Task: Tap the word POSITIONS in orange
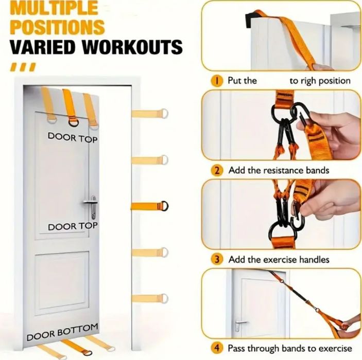(x=57, y=27)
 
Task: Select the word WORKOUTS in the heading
(x=132, y=47)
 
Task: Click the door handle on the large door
(x=92, y=206)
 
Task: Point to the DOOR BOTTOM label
(x=62, y=332)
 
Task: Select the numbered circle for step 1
(x=217, y=81)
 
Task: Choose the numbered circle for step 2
(x=217, y=171)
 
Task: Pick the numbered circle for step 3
(x=217, y=260)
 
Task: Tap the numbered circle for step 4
(x=217, y=348)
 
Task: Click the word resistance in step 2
(x=283, y=170)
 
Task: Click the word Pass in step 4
(x=237, y=348)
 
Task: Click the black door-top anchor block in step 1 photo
(x=251, y=19)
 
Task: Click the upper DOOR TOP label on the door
(x=73, y=138)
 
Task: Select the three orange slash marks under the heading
(x=23, y=67)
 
